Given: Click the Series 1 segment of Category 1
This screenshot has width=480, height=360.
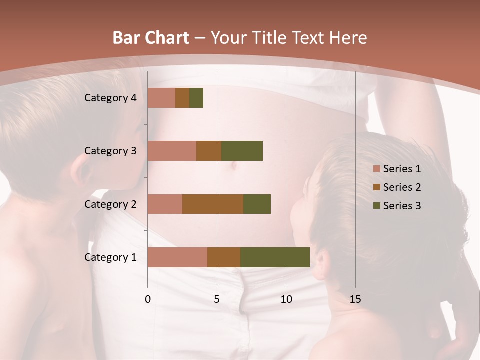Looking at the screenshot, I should pos(177,257).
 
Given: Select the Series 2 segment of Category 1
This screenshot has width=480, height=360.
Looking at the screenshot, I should pos(224,257).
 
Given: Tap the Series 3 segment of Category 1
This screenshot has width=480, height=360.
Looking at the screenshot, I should pos(275,257).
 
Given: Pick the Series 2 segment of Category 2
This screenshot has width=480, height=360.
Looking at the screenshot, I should pos(213,204).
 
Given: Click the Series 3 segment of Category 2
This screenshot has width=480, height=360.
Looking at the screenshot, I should pos(257,204).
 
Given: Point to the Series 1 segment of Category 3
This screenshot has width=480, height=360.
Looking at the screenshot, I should pos(172,151).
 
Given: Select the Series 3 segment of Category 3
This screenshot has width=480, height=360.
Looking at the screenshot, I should pos(242,151).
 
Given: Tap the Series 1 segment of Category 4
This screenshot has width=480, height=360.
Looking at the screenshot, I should pos(161,98).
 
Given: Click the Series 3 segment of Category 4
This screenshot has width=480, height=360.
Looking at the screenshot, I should pos(196,98).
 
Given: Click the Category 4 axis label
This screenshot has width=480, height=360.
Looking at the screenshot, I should pos(110,98).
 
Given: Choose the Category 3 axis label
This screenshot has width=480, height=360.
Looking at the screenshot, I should pos(110,151).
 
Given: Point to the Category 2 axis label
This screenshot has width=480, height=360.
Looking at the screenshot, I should pos(110,204).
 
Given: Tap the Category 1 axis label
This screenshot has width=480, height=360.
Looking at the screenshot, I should pos(110,257).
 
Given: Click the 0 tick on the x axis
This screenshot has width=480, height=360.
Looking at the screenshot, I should pos(148,299).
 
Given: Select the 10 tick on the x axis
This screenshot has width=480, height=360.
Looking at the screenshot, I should pos(286,299).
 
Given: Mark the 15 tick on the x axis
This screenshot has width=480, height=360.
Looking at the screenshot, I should pos(355,299).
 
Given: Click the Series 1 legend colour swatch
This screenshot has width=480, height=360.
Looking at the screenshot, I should pos(376,169).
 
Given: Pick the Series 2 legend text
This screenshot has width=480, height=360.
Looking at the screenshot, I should pos(402,187).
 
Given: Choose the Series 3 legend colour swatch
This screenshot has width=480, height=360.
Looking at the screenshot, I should pos(376,206).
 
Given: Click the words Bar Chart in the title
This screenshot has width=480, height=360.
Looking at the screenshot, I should pos(151,38).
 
